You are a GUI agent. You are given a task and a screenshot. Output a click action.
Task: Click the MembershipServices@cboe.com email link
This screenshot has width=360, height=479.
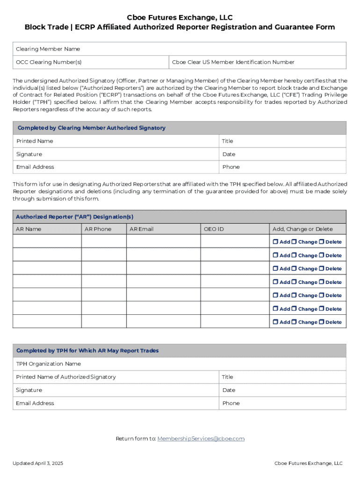201,439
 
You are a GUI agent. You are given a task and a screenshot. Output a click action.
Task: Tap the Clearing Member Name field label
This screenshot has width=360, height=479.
48,49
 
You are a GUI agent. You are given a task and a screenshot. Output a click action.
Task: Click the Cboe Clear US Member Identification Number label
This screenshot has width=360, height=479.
233,62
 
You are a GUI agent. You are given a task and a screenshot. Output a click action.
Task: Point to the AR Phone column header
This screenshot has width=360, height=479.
98,229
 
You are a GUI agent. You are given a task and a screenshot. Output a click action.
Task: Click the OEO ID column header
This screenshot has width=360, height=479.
214,229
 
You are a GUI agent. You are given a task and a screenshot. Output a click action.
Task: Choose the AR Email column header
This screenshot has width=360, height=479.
141,229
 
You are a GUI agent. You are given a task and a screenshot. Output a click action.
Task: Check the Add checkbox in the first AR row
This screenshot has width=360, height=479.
275,242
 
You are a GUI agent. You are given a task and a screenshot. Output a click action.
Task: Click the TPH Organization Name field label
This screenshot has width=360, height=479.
48,364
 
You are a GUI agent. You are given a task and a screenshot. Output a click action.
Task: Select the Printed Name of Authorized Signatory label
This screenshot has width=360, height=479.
65,377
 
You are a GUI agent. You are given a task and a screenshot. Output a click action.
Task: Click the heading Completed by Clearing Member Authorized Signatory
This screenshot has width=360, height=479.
91,128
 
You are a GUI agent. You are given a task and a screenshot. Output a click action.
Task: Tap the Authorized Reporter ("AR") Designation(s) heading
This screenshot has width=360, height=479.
74,217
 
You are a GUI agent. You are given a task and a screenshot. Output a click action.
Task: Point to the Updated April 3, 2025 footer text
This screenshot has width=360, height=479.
37,464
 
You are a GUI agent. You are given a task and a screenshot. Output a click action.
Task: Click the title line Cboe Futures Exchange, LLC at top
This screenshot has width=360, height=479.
180,17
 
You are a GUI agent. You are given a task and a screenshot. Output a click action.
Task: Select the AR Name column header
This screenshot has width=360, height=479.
29,229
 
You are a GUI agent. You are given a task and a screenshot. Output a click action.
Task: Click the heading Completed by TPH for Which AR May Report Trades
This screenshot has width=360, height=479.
87,351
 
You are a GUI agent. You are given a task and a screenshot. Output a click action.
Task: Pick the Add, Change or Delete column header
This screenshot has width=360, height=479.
302,229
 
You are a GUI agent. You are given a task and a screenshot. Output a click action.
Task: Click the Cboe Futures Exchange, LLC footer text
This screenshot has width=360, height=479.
308,464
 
